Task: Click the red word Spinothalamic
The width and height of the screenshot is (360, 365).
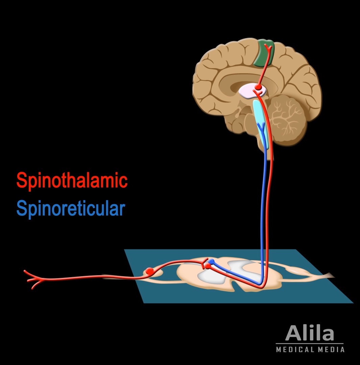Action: (x=72, y=180)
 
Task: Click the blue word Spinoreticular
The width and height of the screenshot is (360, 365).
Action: (x=71, y=209)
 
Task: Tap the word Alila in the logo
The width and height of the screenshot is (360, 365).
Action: (x=310, y=333)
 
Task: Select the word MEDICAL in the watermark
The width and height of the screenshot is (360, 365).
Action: (x=295, y=349)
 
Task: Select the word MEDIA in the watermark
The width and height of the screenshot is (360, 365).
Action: (x=332, y=349)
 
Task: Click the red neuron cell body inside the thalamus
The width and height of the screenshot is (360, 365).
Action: (x=259, y=87)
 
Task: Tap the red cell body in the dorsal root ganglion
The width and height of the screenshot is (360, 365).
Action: (x=149, y=271)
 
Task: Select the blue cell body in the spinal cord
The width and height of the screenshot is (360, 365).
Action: (x=212, y=261)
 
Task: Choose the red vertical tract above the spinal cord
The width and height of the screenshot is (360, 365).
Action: (x=268, y=210)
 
